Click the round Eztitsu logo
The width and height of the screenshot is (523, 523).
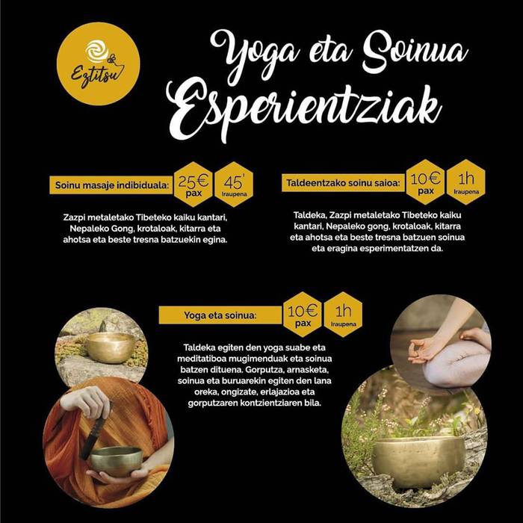coord(98,64)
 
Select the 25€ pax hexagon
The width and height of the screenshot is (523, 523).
coord(194,185)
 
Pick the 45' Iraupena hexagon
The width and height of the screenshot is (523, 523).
coord(234,185)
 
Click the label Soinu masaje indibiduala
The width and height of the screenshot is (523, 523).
coord(111,185)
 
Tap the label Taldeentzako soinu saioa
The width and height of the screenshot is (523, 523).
coord(343,183)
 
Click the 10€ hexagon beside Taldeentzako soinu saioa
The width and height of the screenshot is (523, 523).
coord(426,182)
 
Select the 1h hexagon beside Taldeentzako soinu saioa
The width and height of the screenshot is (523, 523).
coord(466,182)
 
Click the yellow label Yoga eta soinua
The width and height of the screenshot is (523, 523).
coord(220,315)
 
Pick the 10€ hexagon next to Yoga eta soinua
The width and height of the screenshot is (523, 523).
coord(303,315)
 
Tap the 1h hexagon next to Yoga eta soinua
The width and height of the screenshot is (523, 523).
coord(343,315)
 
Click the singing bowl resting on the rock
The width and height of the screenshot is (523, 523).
coord(111,347)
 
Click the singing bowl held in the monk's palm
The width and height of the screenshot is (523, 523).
coord(116,461)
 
